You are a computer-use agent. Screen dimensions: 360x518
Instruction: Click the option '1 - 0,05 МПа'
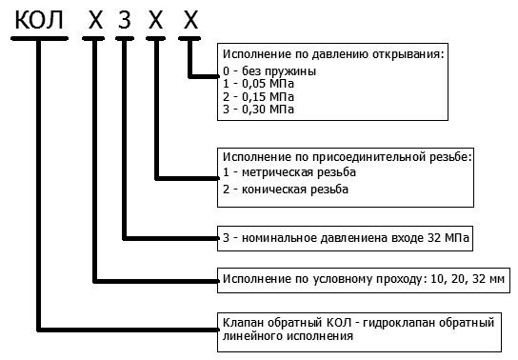click(257, 84)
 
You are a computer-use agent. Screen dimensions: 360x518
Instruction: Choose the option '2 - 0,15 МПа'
click(257, 96)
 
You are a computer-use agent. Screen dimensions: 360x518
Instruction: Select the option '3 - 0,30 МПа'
click(257, 109)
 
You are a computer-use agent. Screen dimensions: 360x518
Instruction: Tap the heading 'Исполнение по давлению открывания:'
click(332, 55)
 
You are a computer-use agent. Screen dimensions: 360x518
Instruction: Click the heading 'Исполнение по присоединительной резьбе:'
click(346, 154)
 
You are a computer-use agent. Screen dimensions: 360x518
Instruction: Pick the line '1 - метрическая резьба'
click(289, 171)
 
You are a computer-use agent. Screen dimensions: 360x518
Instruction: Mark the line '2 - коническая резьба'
click(285, 189)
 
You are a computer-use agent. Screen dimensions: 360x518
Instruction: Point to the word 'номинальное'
click(270, 236)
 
